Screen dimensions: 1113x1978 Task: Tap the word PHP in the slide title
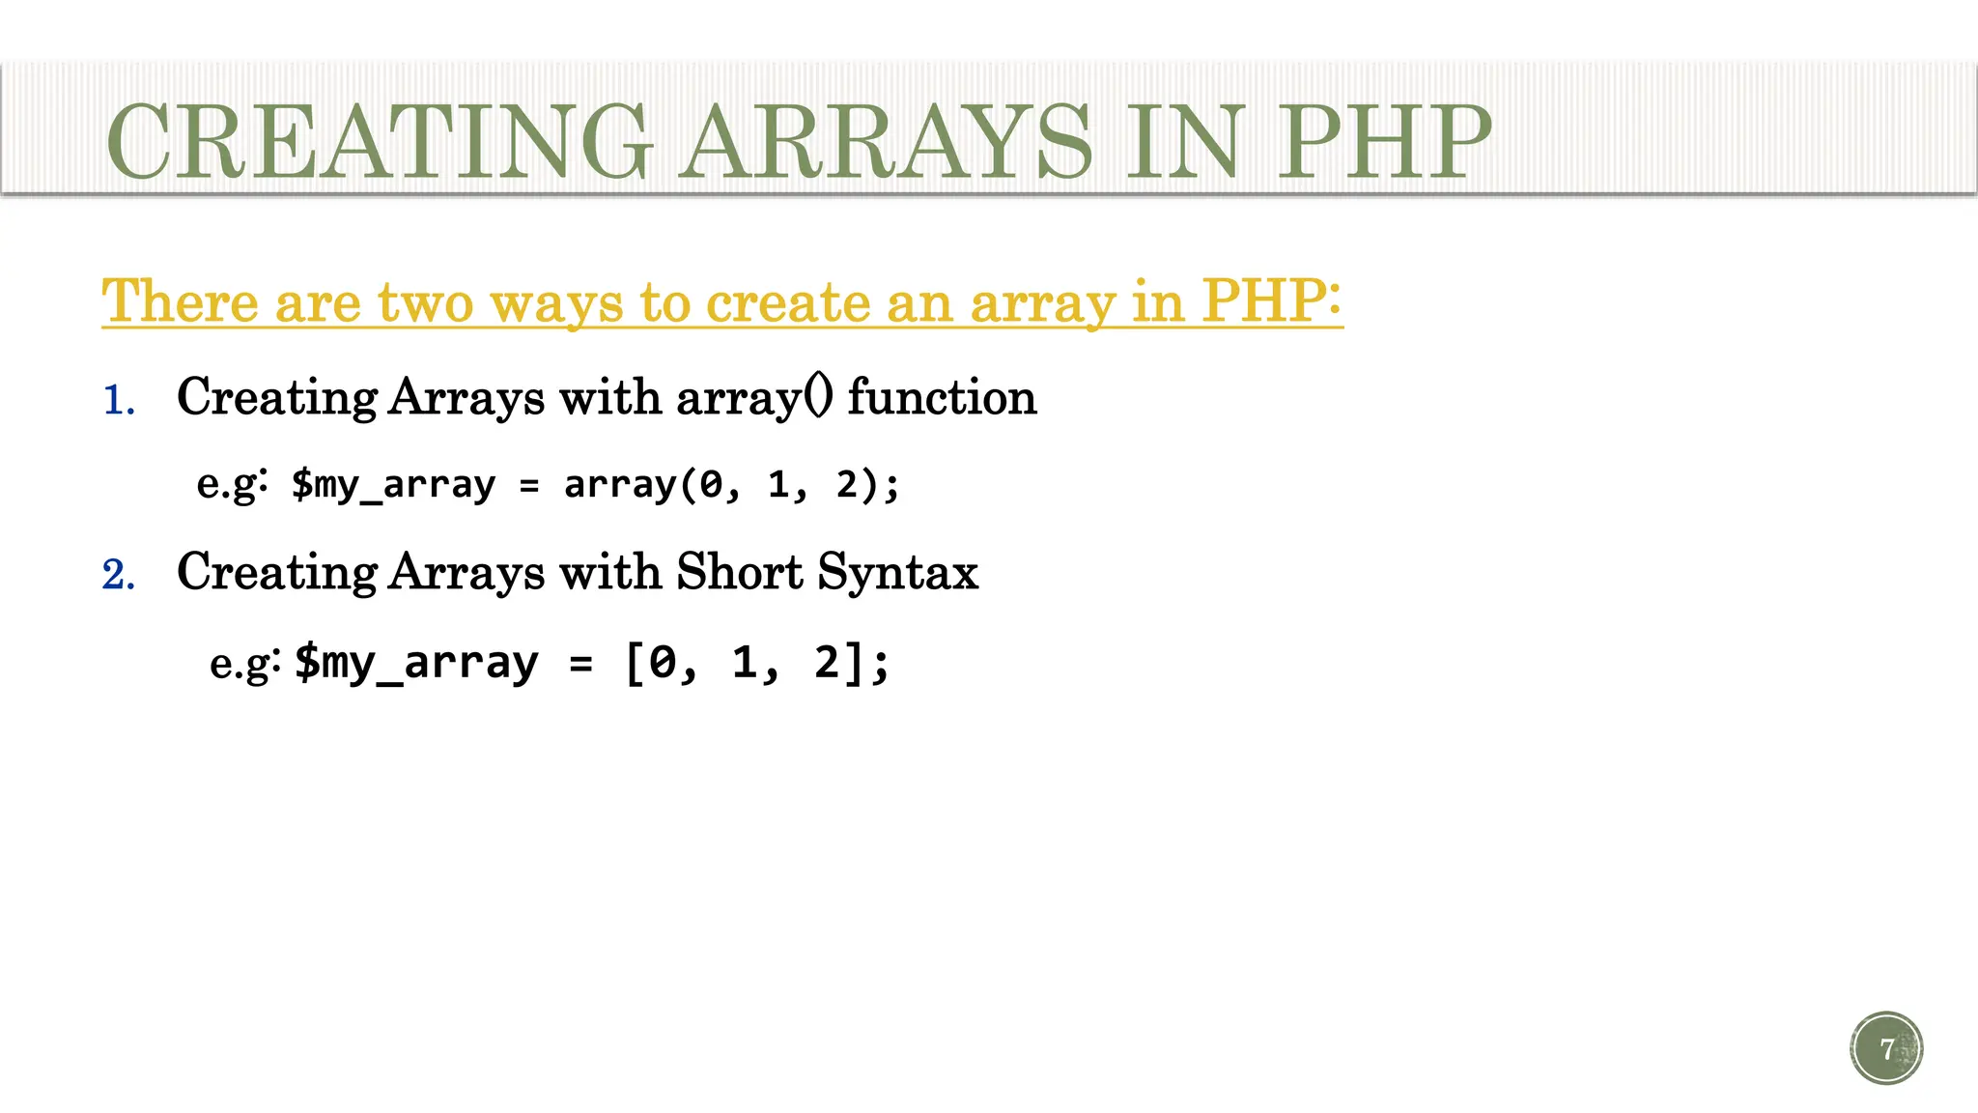pos(1384,142)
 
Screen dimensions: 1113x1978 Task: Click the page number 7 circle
pos(1886,1048)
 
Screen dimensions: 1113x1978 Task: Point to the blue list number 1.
pos(118,400)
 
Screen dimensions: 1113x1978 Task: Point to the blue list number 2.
pos(118,575)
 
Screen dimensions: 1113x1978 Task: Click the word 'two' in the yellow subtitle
pos(425,301)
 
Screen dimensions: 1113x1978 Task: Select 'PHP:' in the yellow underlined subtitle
pos(1271,301)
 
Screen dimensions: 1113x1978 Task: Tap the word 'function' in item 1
pos(942,397)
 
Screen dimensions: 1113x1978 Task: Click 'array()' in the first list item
pos(753,397)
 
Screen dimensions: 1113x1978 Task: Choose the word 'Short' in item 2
pos(739,571)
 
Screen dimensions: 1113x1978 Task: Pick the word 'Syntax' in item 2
pos(897,573)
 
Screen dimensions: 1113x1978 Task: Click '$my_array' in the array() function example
pos(393,484)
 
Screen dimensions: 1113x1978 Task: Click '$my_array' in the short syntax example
pos(416,663)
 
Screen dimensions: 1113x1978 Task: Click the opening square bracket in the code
pos(635,663)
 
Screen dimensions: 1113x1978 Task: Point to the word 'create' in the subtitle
pos(787,301)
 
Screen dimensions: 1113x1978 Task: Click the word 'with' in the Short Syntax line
pos(610,571)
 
